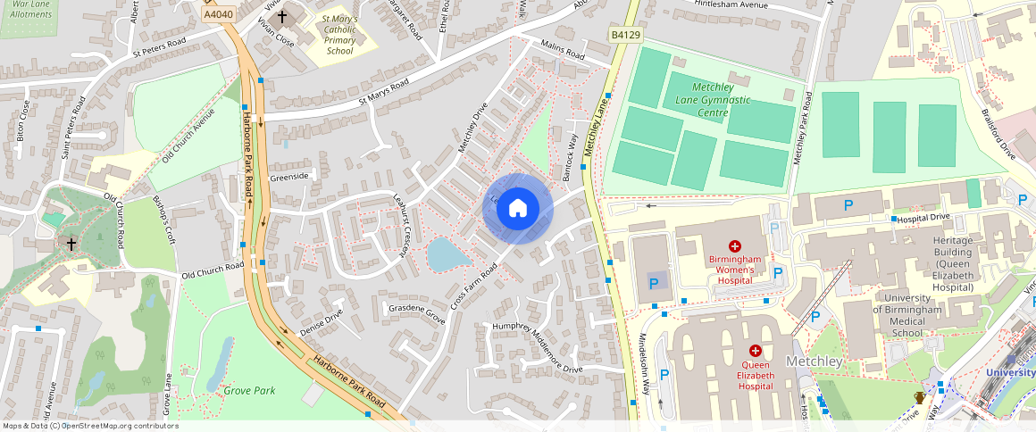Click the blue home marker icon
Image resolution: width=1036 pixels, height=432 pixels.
click(518, 209)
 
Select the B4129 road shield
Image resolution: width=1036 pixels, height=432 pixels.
click(625, 35)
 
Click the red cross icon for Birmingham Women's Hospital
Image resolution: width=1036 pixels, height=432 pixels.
click(735, 245)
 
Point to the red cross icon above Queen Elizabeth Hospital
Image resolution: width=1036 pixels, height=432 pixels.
click(755, 352)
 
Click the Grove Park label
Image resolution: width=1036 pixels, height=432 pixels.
click(249, 390)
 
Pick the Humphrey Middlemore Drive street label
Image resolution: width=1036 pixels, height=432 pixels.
click(537, 347)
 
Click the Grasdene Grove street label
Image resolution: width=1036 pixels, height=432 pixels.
click(416, 312)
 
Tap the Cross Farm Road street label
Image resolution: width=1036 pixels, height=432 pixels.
click(473, 287)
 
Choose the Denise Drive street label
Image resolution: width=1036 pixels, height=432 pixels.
click(322, 323)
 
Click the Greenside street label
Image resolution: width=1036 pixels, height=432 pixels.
click(289, 177)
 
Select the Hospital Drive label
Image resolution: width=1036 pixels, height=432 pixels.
click(923, 218)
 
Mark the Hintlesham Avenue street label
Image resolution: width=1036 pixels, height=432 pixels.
click(731, 5)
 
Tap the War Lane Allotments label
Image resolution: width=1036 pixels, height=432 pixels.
click(27, 9)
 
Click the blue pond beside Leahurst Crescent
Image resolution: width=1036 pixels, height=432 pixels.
click(447, 255)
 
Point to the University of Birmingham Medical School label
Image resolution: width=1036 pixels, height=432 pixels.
click(906, 315)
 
